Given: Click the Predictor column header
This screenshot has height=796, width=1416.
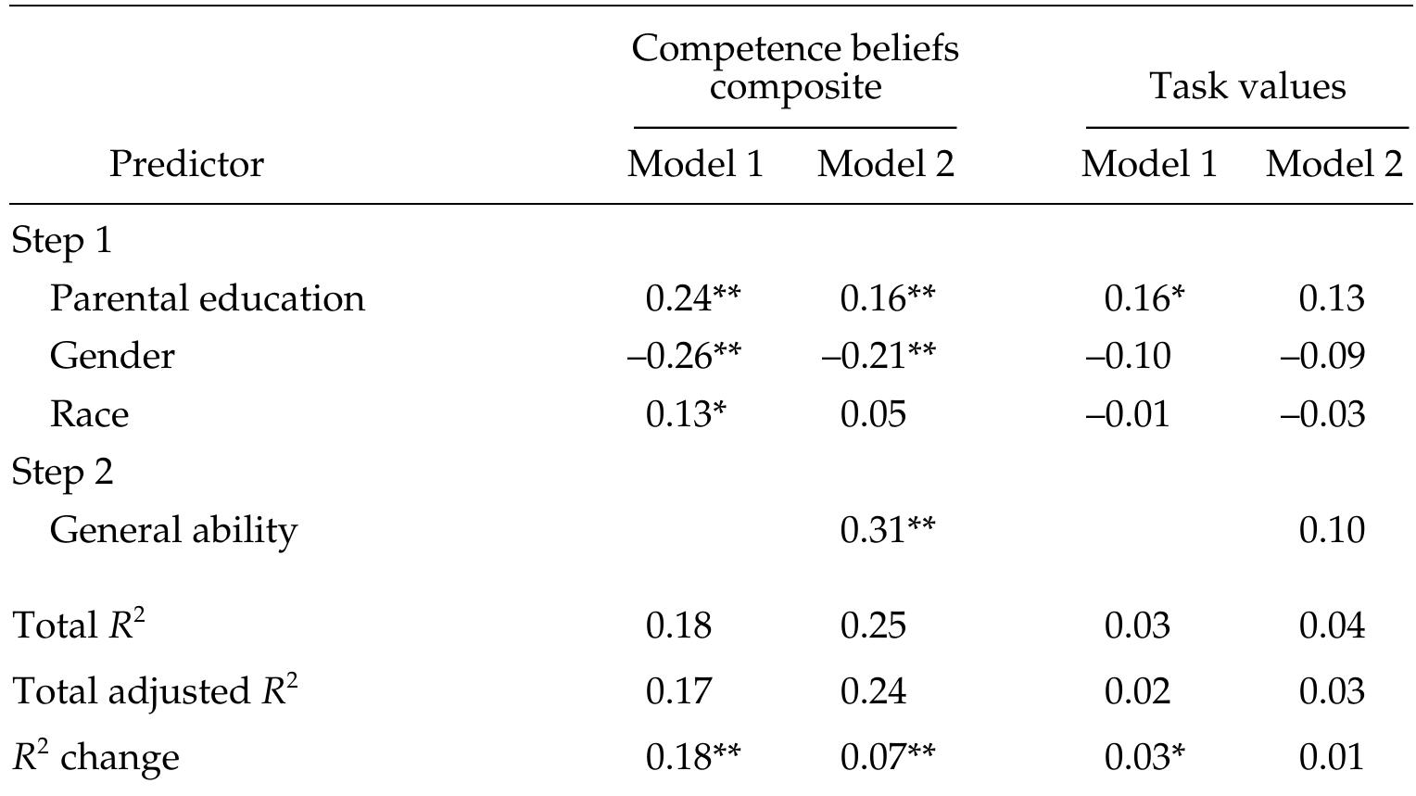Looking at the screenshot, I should pyautogui.click(x=186, y=165).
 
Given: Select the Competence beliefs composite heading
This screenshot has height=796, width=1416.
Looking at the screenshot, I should pyautogui.click(x=795, y=67).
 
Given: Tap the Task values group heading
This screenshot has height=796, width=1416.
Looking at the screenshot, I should pyautogui.click(x=1246, y=86).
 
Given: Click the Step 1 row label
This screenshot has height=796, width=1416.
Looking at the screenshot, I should pyautogui.click(x=61, y=241).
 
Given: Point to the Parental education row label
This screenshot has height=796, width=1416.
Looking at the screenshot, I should pyautogui.click(x=207, y=298).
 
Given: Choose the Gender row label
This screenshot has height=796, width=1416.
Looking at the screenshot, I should pyautogui.click(x=111, y=356).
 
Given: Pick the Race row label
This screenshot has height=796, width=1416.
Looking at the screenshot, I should pyautogui.click(x=89, y=413).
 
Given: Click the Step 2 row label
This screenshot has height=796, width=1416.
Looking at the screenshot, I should pyautogui.click(x=62, y=472).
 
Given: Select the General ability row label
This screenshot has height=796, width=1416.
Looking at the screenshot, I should pyautogui.click(x=173, y=530).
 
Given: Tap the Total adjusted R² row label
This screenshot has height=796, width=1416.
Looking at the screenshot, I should pyautogui.click(x=155, y=691).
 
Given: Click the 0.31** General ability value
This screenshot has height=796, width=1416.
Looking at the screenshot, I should pyautogui.click(x=887, y=530).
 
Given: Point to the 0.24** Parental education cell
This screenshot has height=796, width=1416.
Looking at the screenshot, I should pyautogui.click(x=692, y=298).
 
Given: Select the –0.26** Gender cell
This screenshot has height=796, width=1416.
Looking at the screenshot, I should pyautogui.click(x=684, y=356).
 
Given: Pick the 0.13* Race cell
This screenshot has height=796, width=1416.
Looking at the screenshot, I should pyautogui.click(x=685, y=413).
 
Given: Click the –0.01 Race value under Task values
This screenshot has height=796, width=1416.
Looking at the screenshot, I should pyautogui.click(x=1127, y=413).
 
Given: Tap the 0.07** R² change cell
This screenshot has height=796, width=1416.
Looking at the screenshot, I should pyautogui.click(x=887, y=757).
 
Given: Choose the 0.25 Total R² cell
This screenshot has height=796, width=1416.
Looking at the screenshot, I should pyautogui.click(x=873, y=625).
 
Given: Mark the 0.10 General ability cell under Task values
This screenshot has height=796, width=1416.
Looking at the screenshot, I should pyautogui.click(x=1332, y=530).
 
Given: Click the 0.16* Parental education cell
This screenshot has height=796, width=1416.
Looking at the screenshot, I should pyautogui.click(x=1144, y=298).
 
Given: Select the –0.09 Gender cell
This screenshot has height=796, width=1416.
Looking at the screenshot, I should pyautogui.click(x=1322, y=356).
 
